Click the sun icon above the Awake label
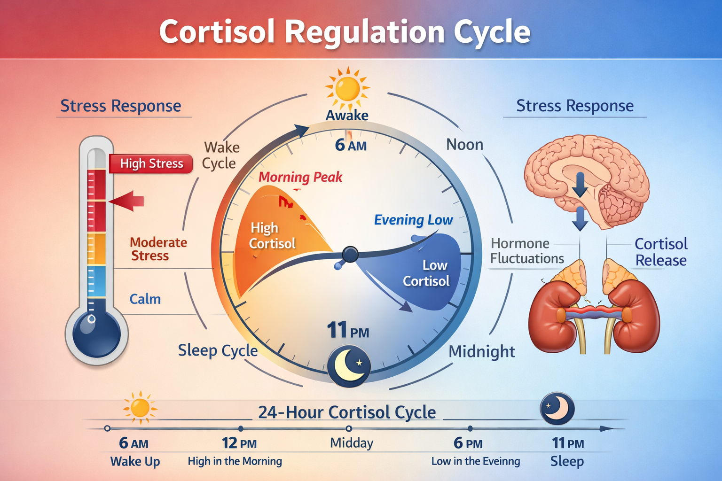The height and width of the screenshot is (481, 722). (347, 88)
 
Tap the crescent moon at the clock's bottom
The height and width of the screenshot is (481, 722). (349, 366)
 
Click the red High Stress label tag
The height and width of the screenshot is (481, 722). (151, 163)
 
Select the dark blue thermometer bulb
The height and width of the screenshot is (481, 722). (96, 334)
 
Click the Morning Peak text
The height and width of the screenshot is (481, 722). (300, 177)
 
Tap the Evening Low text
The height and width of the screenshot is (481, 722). (413, 220)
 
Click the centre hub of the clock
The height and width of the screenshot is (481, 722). (350, 255)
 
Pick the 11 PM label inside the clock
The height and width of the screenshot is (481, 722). (348, 330)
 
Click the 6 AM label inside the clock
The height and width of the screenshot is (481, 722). (351, 145)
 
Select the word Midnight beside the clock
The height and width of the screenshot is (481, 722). (482, 351)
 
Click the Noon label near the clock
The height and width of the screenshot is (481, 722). (464, 145)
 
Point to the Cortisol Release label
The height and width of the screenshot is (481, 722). (660, 252)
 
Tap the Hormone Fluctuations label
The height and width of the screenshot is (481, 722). (526, 251)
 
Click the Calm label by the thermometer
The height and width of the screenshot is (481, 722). (145, 299)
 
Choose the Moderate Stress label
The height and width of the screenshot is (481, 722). (158, 249)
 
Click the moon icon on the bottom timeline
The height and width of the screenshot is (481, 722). (557, 408)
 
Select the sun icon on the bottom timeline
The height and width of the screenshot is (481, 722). (140, 407)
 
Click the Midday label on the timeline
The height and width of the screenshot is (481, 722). (352, 443)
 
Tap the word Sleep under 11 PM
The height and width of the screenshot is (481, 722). (567, 461)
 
